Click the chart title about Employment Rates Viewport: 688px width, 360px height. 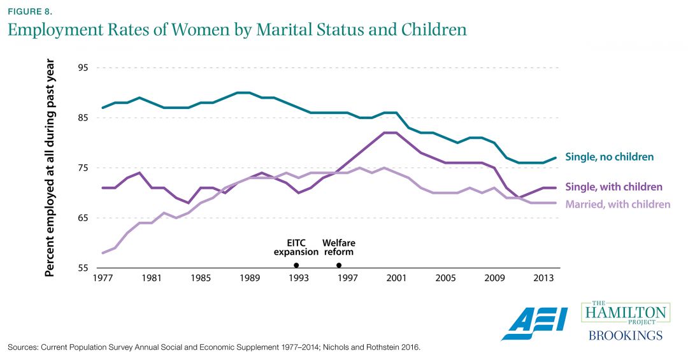237,30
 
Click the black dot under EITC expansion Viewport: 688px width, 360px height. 296,265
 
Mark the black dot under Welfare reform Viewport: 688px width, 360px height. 338,265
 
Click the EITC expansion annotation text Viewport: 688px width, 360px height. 296,247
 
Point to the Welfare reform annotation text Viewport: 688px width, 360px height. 338,247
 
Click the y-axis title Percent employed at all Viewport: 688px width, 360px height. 50,168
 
